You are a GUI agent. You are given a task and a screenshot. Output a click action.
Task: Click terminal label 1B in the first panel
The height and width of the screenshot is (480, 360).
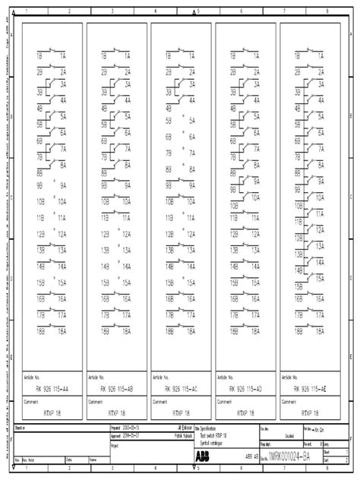click(39, 56)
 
